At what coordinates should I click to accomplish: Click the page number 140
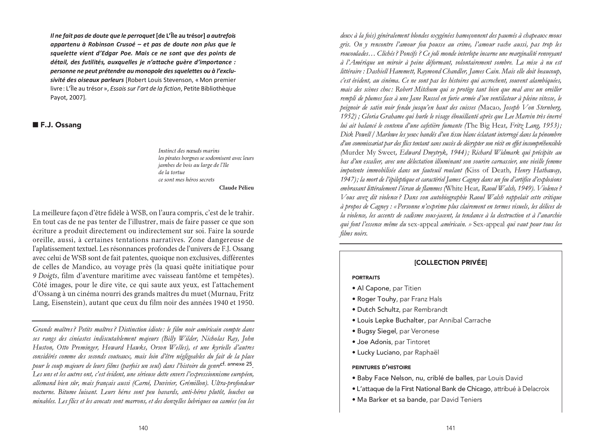pyautogui.click(x=143, y=428)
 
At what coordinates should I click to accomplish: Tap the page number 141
pyautogui.click(x=451, y=428)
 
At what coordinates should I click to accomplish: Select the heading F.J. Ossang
pyautogui.click(x=61, y=125)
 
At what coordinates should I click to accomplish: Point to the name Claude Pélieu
pyautogui.click(x=236, y=188)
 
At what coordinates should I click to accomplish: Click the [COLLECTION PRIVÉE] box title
pyautogui.click(x=450, y=262)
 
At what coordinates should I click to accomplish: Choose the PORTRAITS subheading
pyautogui.click(x=366, y=277)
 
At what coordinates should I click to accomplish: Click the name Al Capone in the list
pyautogui.click(x=373, y=288)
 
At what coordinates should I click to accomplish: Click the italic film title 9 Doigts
pyautogui.click(x=45, y=276)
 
